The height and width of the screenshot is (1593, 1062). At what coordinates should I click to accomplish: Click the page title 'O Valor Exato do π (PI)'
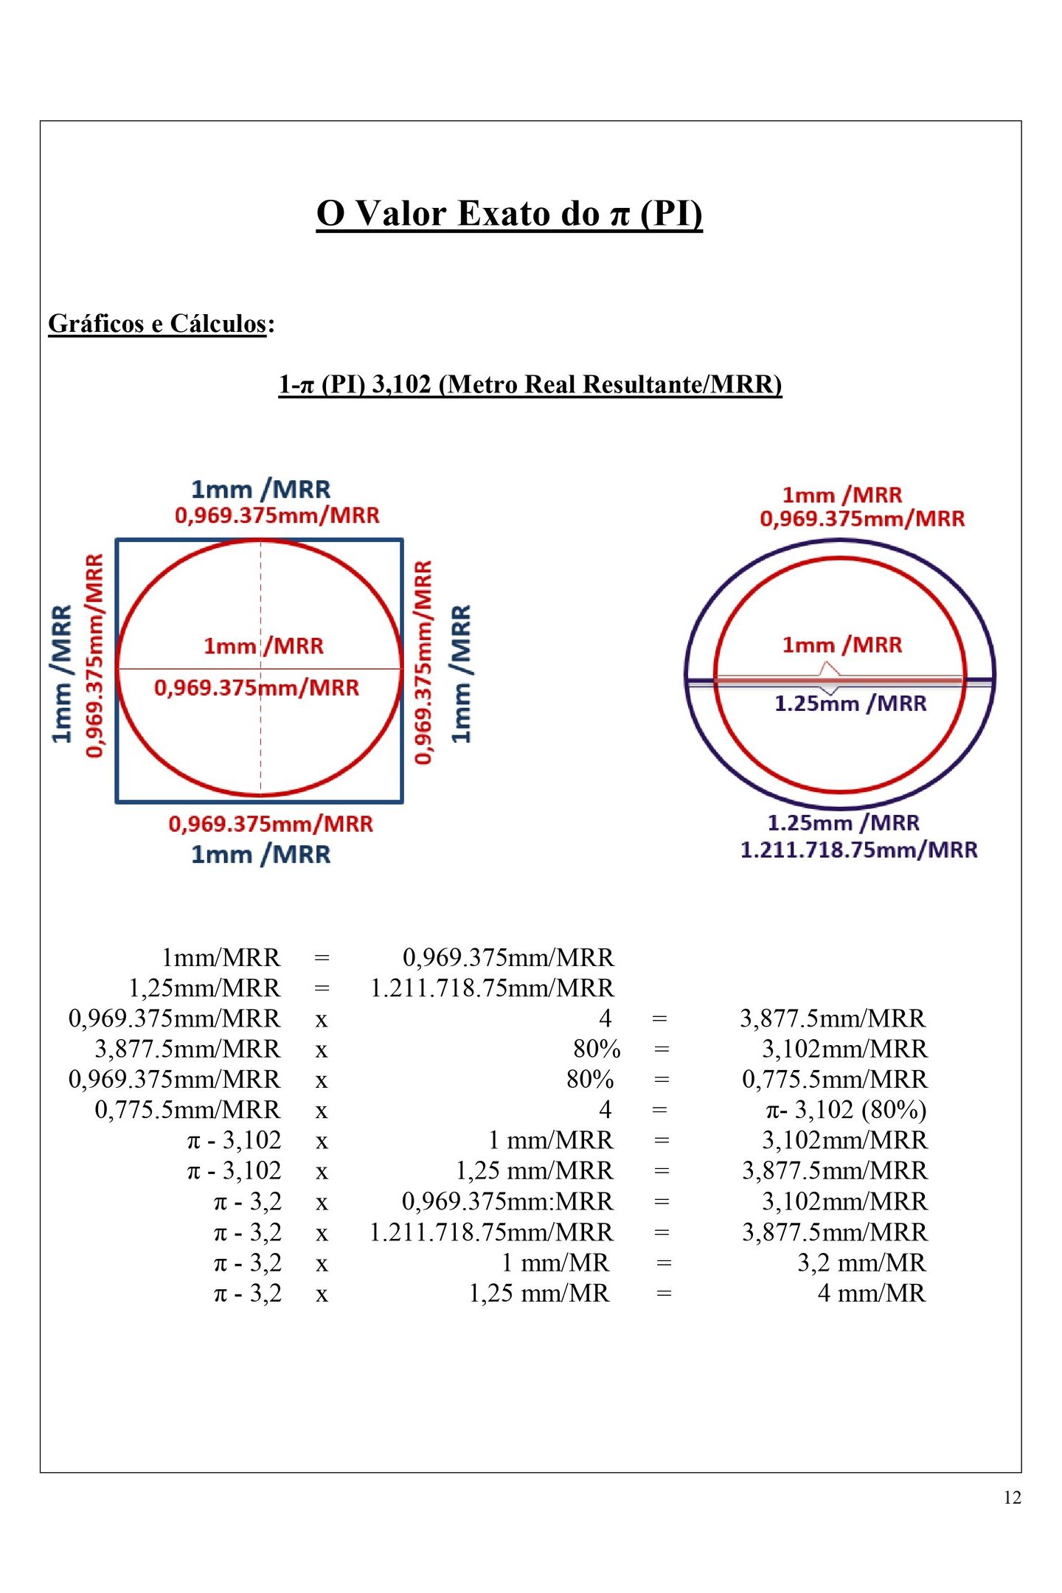(509, 214)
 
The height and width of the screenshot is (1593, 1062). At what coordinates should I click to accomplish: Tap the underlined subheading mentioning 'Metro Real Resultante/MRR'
(530, 384)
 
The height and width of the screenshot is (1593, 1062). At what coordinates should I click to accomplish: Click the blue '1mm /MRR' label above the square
(260, 490)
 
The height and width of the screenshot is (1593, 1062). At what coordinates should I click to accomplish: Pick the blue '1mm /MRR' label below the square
(260, 854)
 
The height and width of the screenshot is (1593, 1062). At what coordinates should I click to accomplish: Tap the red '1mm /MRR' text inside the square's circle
(263, 646)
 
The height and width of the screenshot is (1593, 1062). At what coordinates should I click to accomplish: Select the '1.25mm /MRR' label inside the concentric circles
(850, 704)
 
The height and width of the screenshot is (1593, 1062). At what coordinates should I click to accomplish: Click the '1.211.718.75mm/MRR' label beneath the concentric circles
(858, 850)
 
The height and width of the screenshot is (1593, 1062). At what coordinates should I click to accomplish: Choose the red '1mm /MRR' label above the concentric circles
(841, 495)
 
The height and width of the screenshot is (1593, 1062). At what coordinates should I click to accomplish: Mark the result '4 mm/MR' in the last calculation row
(871, 1293)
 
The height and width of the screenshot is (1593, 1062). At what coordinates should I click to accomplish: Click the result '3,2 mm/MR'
(861, 1263)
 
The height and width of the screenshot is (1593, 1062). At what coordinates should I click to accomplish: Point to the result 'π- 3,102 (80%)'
(846, 1110)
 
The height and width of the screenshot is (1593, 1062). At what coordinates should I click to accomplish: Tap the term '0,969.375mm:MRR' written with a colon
(507, 1201)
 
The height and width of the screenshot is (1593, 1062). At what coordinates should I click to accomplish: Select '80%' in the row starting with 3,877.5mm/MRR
(597, 1049)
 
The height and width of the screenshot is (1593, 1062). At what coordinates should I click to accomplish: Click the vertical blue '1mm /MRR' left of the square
(62, 673)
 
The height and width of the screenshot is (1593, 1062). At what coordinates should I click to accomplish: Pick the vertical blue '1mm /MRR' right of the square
(460, 673)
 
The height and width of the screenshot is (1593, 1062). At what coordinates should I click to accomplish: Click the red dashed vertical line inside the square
(260, 737)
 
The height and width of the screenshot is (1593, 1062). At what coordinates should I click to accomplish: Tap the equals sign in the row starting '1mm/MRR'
(322, 958)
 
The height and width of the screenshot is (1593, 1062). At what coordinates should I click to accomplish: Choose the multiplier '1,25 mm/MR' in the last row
(539, 1293)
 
